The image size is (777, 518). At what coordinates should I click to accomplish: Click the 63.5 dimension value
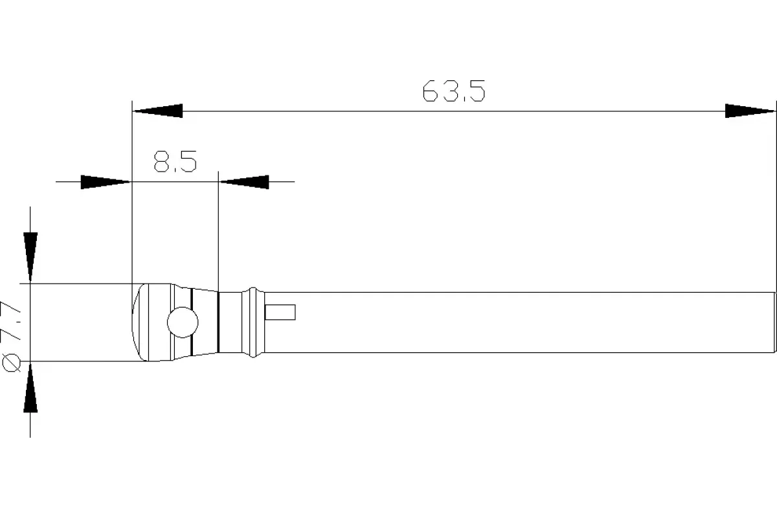454,91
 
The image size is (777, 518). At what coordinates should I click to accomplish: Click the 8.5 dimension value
175,161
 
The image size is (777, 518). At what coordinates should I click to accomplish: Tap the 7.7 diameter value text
11,321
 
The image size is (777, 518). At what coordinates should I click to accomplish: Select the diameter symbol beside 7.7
11,363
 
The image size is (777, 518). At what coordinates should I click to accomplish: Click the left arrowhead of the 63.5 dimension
158,111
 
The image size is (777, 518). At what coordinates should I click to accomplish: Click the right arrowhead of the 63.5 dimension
750,111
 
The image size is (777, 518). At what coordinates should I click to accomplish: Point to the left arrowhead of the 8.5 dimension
106,182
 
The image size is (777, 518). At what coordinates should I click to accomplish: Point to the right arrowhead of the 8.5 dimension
244,182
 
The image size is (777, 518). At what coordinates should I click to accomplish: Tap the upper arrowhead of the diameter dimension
30,257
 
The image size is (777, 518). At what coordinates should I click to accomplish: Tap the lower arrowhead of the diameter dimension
30,388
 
